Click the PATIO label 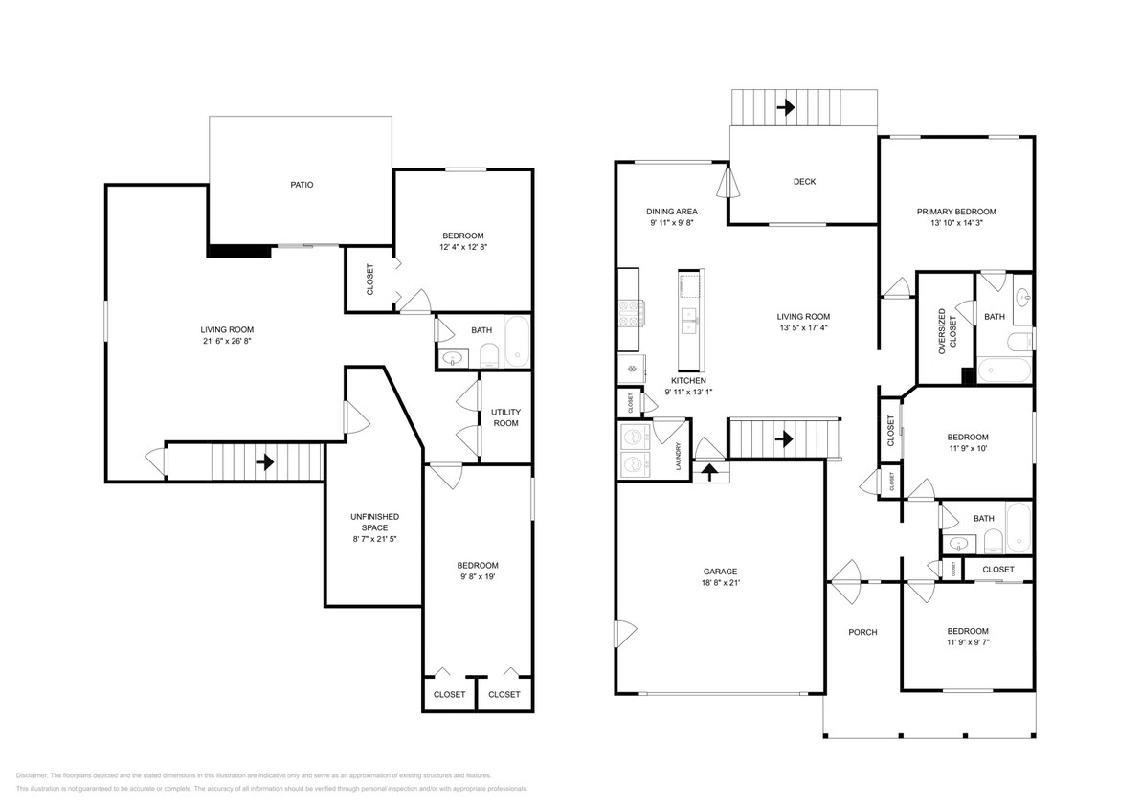click(302, 185)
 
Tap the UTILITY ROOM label click(505, 417)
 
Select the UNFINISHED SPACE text click(373, 522)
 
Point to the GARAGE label click(719, 572)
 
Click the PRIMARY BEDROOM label click(956, 212)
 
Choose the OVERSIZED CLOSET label click(947, 331)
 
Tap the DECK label click(804, 181)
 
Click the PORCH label click(863, 632)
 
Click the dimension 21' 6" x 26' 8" click(227, 341)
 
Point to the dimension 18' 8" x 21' click(719, 583)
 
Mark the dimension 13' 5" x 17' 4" click(802, 327)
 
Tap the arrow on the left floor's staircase click(265, 462)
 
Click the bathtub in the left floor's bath click(517, 342)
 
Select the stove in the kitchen click(631, 312)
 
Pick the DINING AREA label click(671, 212)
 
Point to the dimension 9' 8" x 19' click(477, 577)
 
